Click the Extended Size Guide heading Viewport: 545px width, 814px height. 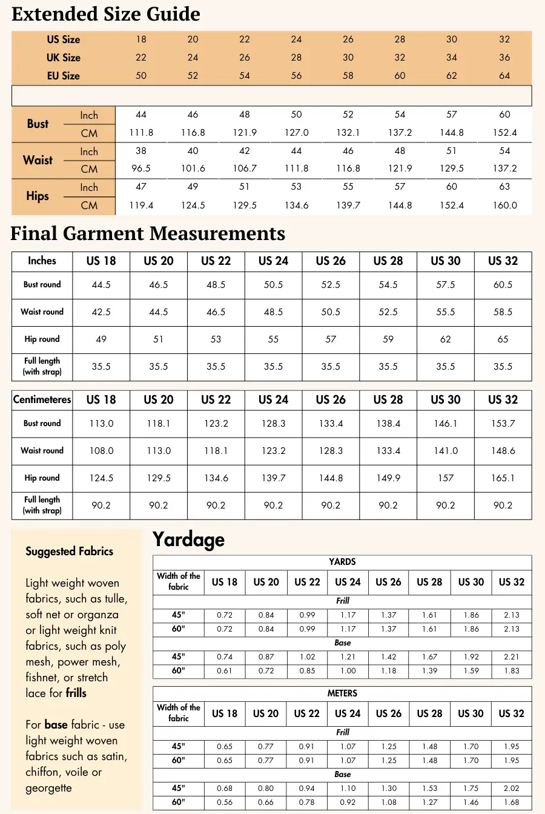coord(106,14)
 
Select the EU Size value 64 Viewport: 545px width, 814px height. coord(504,76)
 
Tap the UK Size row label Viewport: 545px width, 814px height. coord(64,58)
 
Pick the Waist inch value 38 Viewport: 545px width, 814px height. coord(141,151)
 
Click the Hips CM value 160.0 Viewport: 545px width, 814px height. coord(504,205)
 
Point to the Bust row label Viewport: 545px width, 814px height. coord(38,124)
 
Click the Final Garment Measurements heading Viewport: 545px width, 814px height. coord(148,233)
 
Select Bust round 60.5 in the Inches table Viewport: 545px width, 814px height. coord(503,285)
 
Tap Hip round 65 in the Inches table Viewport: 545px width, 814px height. coord(503,339)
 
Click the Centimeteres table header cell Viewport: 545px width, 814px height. coord(42,400)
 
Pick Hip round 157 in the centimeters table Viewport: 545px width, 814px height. coord(446,478)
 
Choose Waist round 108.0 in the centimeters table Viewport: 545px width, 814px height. coord(101,451)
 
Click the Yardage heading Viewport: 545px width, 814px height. coord(188,539)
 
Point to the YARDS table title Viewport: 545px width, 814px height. coord(342,562)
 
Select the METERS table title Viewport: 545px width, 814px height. coord(342,693)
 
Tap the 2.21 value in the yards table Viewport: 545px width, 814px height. coord(512,657)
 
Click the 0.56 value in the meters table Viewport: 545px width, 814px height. coord(225,802)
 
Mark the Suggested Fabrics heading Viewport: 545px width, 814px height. coord(70,552)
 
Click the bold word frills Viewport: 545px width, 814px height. coord(76,693)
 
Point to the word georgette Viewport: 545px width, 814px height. coord(48,788)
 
